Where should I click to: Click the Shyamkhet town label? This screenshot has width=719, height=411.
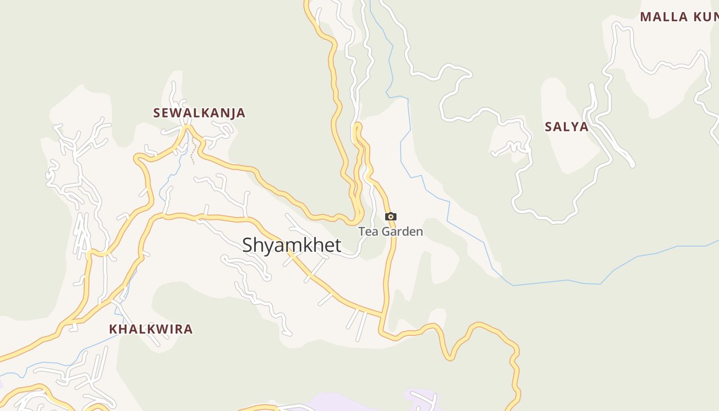291,245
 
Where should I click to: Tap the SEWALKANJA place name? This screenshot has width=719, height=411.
199,113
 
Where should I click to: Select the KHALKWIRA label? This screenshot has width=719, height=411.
150,329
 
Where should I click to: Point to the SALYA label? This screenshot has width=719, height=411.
566,127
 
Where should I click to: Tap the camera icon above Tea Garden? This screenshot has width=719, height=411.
391,217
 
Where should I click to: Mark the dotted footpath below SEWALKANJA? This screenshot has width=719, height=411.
193,153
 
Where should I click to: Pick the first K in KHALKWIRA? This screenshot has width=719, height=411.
113,329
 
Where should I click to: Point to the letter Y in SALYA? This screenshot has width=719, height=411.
574,127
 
